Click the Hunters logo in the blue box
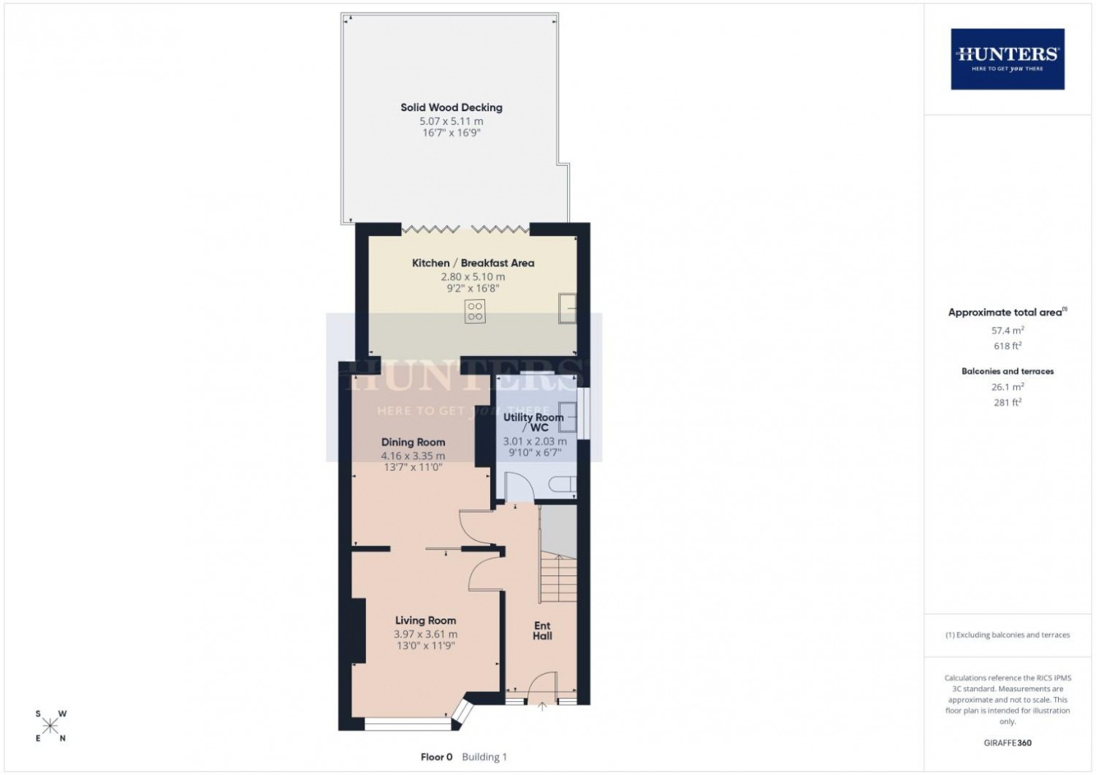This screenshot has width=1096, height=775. [x=1008, y=58]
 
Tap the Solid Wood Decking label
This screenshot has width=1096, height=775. [x=451, y=107]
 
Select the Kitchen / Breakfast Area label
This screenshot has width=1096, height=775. [x=473, y=263]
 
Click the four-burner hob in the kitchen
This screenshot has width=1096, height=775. [x=475, y=311]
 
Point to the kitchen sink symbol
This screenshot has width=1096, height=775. [x=568, y=308]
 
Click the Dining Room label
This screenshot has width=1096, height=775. [x=413, y=442]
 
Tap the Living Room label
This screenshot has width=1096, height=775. [x=425, y=620]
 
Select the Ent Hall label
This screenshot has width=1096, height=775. [x=542, y=630]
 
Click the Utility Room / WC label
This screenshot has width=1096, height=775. [x=533, y=422]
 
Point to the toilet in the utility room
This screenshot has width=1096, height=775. [x=563, y=484]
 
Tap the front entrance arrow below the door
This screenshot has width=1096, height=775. [x=542, y=706]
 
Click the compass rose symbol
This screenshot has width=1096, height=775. [x=50, y=725]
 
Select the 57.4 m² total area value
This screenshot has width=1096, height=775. [x=1008, y=330]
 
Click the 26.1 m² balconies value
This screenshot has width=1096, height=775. [x=1008, y=387]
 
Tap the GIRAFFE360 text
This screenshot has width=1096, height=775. [x=1008, y=743]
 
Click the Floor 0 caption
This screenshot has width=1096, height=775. [x=436, y=757]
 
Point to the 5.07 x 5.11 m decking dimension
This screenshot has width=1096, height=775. [x=451, y=121]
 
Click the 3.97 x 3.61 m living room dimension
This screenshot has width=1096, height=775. [x=425, y=634]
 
